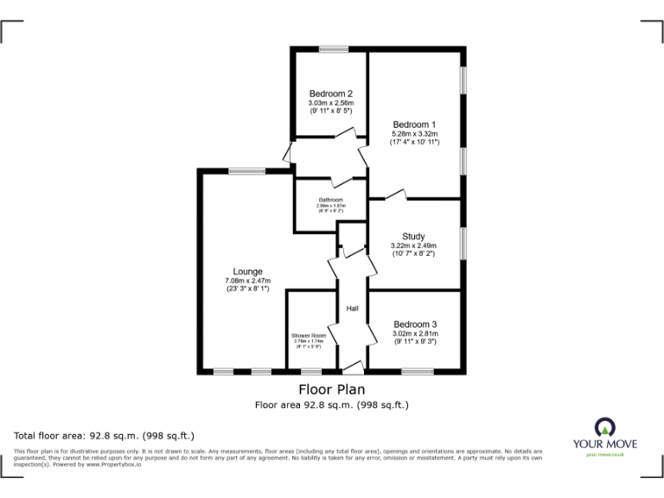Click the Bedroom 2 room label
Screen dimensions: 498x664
(x=331, y=93)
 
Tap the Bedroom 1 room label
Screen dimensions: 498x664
(x=415, y=124)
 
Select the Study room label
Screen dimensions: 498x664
(x=413, y=237)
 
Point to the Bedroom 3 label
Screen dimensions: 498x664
(x=415, y=324)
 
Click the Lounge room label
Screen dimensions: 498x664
(x=247, y=271)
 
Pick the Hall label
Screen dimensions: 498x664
(x=353, y=309)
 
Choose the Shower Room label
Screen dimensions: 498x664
(x=309, y=335)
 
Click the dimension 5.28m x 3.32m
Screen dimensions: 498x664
(x=415, y=134)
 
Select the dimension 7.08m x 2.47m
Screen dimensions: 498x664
(x=247, y=281)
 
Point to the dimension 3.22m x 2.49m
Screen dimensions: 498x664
(x=413, y=246)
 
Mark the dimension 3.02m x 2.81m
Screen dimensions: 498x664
(x=415, y=334)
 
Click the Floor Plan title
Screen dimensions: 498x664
(x=332, y=389)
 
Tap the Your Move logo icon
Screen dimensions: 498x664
(x=603, y=426)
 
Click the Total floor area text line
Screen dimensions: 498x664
(x=105, y=436)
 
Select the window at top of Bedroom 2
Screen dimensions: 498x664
(x=333, y=49)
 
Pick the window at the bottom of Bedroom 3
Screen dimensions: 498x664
(x=418, y=372)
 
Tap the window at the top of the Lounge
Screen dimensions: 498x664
(x=247, y=171)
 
